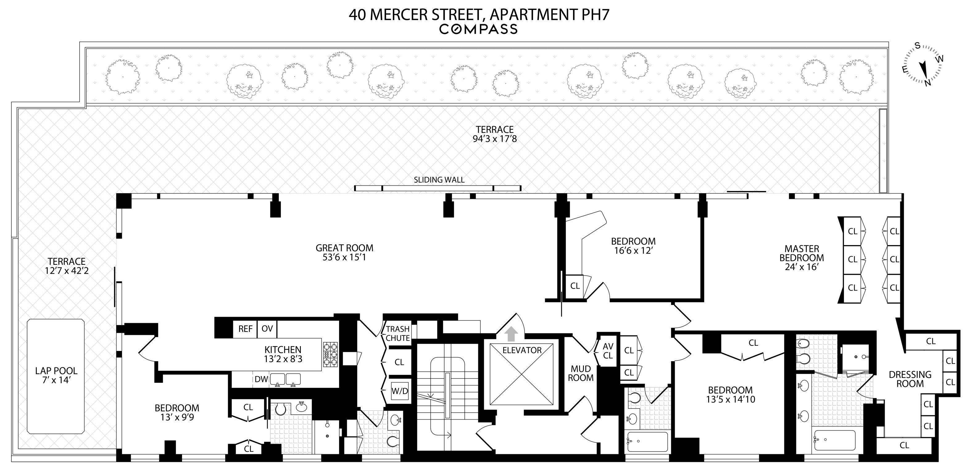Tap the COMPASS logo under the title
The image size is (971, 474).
tap(478, 29)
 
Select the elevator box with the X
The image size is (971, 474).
tap(521, 374)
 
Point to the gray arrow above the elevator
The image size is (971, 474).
tap(511, 334)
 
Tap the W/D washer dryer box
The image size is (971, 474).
tap(400, 391)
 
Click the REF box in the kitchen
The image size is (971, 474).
tap(245, 329)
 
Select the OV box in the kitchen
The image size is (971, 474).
tap(267, 329)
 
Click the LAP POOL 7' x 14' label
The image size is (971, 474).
tap(56, 375)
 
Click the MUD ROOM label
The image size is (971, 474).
tap(580, 373)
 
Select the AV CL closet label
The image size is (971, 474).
tap(608, 351)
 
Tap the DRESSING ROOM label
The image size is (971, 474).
tap(910, 379)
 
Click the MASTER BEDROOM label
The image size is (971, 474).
tap(802, 258)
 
